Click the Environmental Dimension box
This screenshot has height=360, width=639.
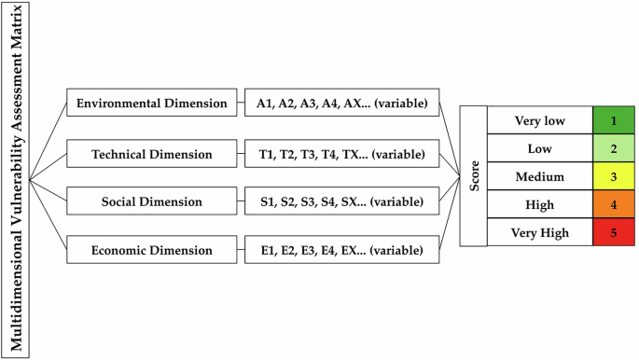[152, 103]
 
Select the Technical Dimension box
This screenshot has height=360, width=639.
[152, 152]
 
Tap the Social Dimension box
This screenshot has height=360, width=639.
[152, 201]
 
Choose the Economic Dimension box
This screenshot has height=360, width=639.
[152, 250]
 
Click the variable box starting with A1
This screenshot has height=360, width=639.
[342, 103]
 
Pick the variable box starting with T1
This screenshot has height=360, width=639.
[342, 152]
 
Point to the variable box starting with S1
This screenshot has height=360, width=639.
[342, 201]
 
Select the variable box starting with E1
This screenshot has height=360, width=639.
[342, 250]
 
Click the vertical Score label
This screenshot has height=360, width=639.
[475, 176]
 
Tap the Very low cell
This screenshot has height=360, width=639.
[540, 120]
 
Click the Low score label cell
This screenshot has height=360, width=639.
[540, 148]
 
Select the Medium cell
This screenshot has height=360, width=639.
[540, 176]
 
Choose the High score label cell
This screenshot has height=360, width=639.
[540, 204]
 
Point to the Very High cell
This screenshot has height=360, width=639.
[540, 232]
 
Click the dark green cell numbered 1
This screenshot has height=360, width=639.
[612, 120]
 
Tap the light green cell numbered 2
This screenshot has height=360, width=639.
[612, 148]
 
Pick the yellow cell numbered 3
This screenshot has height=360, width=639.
[612, 176]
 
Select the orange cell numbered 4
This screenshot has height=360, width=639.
[612, 204]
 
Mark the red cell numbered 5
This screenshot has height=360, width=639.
[612, 232]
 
